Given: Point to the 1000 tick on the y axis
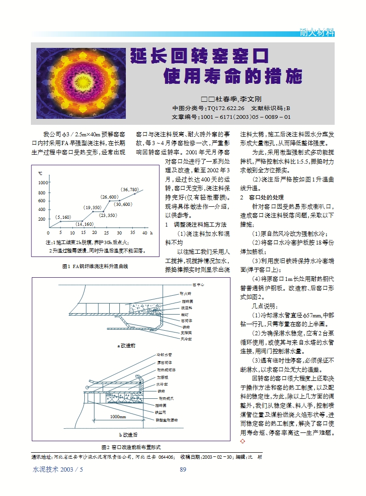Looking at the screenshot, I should [41, 183].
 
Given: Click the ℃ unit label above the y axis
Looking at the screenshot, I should [40, 174].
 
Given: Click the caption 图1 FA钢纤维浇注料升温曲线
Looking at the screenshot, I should [94, 266].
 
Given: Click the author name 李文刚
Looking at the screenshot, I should [250, 99].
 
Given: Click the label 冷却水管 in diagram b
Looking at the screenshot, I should [164, 355].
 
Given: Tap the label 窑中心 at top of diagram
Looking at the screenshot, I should [198, 285].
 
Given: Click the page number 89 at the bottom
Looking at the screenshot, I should [183, 469].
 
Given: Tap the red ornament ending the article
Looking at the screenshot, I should [243, 442].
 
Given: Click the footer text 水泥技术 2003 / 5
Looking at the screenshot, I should [58, 469].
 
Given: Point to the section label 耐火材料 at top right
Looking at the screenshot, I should [316, 32].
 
